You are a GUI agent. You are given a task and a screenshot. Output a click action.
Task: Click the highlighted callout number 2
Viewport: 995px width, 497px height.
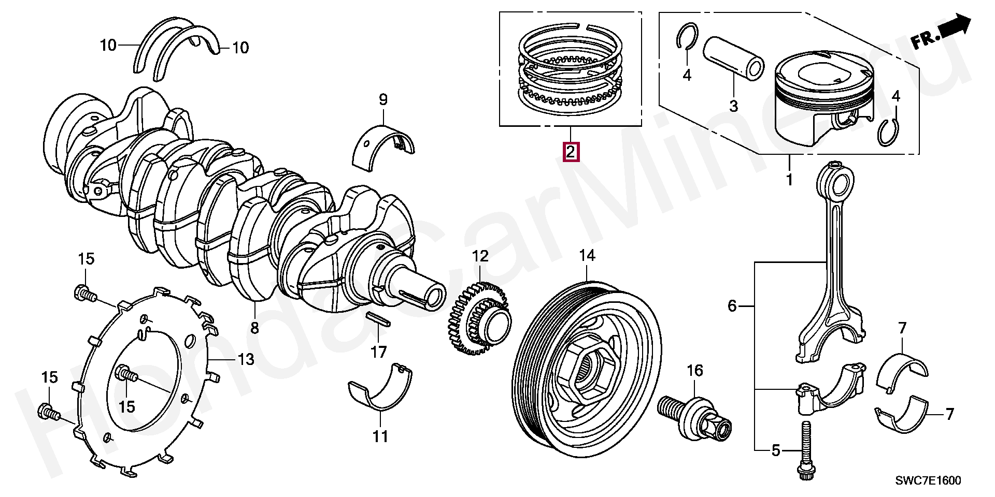click(x=570, y=152)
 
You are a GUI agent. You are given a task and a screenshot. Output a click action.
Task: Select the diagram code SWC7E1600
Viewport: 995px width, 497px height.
click(x=928, y=480)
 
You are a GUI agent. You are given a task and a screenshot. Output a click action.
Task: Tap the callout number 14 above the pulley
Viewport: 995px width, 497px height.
click(x=587, y=255)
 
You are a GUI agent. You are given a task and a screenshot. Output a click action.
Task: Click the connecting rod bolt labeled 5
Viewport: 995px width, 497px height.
click(x=806, y=451)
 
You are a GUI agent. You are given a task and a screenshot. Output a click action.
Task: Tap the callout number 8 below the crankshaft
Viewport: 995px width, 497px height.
click(x=254, y=328)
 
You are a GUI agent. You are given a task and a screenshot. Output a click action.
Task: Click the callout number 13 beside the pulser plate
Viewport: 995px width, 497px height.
click(x=246, y=359)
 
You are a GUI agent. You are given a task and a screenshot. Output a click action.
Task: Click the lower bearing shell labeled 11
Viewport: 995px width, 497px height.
click(x=380, y=393)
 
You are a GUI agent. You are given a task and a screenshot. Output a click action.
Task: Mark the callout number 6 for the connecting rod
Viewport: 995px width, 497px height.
click(x=732, y=306)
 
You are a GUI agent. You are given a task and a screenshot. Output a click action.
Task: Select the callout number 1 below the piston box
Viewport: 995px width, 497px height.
click(x=790, y=180)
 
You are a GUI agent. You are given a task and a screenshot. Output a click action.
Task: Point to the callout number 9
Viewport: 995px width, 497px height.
click(x=383, y=99)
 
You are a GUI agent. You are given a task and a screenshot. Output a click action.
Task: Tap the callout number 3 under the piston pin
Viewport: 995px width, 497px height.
click(x=733, y=106)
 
